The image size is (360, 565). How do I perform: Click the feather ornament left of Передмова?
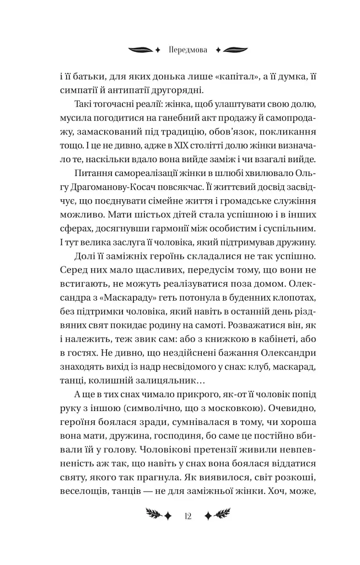142,49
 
